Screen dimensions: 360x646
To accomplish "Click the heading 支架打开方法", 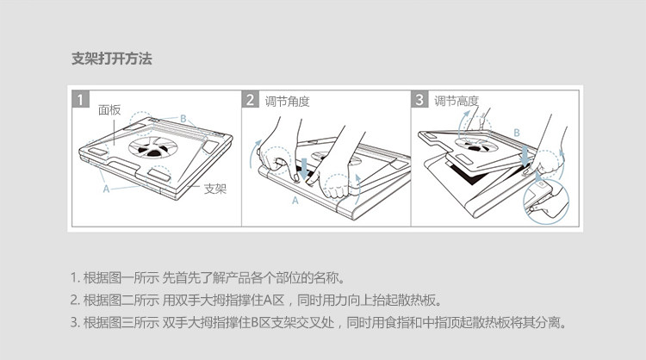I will click(x=112, y=59).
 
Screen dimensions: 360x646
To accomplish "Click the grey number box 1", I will click(x=80, y=100).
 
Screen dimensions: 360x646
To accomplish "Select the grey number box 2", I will click(x=251, y=100).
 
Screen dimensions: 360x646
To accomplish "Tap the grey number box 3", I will click(x=419, y=100).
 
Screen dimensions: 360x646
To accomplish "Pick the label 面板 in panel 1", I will click(x=109, y=110).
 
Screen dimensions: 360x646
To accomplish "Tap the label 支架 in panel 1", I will click(x=214, y=189).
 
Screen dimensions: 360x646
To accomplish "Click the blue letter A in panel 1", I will click(x=105, y=186).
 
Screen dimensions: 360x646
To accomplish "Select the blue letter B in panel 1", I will click(x=183, y=118).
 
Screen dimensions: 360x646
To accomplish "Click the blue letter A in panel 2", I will click(x=295, y=201).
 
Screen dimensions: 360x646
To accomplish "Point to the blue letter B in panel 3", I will click(x=516, y=133).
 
